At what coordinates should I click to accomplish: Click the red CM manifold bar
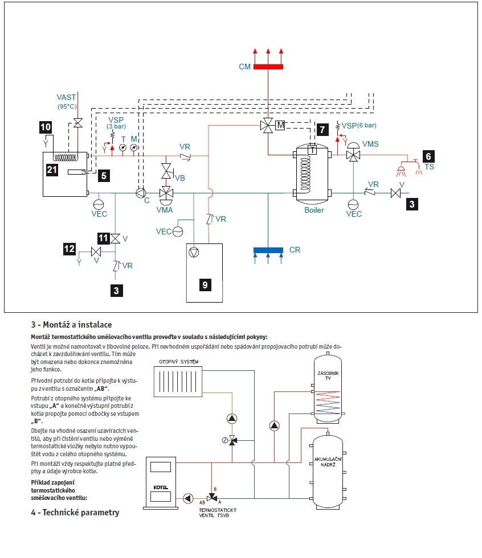[x=268, y=67]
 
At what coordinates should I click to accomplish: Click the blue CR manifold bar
[x=268, y=250]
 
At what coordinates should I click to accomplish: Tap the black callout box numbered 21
[x=52, y=170]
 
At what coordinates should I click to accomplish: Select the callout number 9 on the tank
[x=205, y=285]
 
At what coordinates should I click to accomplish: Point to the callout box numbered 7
[x=322, y=130]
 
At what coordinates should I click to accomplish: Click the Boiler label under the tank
[x=314, y=210]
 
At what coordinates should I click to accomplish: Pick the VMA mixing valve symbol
[x=166, y=194]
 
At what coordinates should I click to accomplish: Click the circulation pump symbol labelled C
[x=141, y=193]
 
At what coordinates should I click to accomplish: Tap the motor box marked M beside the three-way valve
[x=280, y=125]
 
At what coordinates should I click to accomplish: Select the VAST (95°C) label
[x=67, y=101]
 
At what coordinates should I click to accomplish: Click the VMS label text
[x=370, y=144]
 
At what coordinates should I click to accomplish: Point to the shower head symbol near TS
[x=402, y=169]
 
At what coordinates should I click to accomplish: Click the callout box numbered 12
[x=69, y=249]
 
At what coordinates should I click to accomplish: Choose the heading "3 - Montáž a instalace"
[x=71, y=325]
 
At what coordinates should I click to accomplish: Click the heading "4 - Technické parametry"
[x=75, y=512]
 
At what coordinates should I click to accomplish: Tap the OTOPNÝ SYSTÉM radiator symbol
[x=178, y=382]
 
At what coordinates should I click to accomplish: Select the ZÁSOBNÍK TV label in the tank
[x=328, y=376]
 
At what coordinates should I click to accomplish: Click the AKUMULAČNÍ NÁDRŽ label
[x=328, y=462]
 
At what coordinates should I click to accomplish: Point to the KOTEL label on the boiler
[x=161, y=487]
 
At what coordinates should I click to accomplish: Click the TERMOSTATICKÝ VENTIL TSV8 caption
[x=218, y=513]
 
